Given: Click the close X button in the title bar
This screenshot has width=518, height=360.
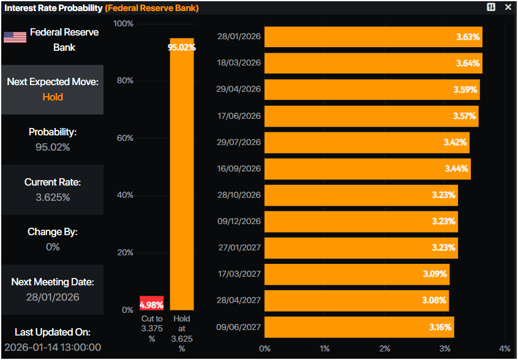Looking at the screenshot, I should [508, 7].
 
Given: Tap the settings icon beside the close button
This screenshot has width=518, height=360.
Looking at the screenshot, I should [491, 7].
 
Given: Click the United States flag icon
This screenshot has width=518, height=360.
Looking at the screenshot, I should [15, 37].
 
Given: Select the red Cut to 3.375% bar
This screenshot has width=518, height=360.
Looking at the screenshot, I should [152, 303].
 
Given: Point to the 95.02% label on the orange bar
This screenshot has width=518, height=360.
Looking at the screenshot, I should [182, 47].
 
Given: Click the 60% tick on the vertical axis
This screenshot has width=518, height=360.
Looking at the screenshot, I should [125, 138].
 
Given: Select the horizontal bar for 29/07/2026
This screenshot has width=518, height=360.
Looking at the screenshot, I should [367, 142].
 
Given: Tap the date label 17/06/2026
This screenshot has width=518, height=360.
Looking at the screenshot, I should [239, 116].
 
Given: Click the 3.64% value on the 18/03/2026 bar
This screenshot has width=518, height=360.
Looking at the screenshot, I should [468, 63].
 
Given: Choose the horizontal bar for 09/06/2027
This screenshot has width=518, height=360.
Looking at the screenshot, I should [359, 327].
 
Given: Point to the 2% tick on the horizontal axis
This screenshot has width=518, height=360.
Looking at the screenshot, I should [385, 348].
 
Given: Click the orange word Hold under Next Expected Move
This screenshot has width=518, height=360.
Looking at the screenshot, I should [53, 97].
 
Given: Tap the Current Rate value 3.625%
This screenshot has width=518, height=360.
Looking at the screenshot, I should [53, 197].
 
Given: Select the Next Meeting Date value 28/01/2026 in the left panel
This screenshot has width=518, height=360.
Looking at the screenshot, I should [53, 298].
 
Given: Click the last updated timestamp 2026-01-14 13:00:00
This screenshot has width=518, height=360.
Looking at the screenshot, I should [53, 347].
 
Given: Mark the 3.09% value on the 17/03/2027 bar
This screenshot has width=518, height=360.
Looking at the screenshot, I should [435, 274].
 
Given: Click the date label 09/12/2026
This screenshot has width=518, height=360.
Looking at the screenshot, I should [239, 221].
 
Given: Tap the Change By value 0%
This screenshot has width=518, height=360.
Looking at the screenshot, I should [53, 247].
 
